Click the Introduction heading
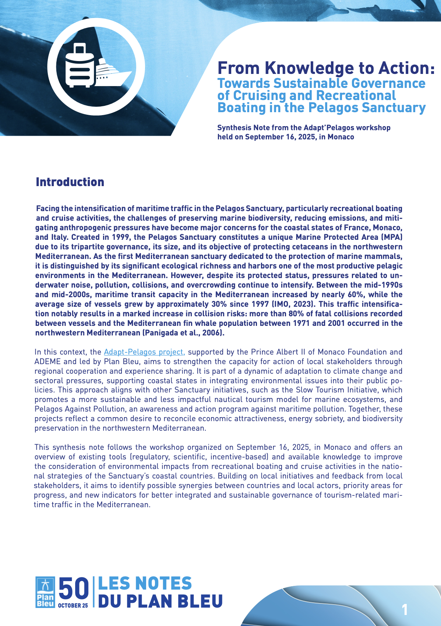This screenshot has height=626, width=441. (x=70, y=182)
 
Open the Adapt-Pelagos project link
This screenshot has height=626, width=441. (x=144, y=352)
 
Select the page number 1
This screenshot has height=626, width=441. (x=405, y=610)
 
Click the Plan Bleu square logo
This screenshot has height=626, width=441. (x=45, y=592)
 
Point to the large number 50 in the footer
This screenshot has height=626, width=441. (x=74, y=588)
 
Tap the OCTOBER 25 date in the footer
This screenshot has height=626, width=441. (x=73, y=605)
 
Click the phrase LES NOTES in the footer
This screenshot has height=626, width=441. (x=145, y=584)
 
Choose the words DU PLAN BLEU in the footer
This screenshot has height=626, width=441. (x=160, y=601)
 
